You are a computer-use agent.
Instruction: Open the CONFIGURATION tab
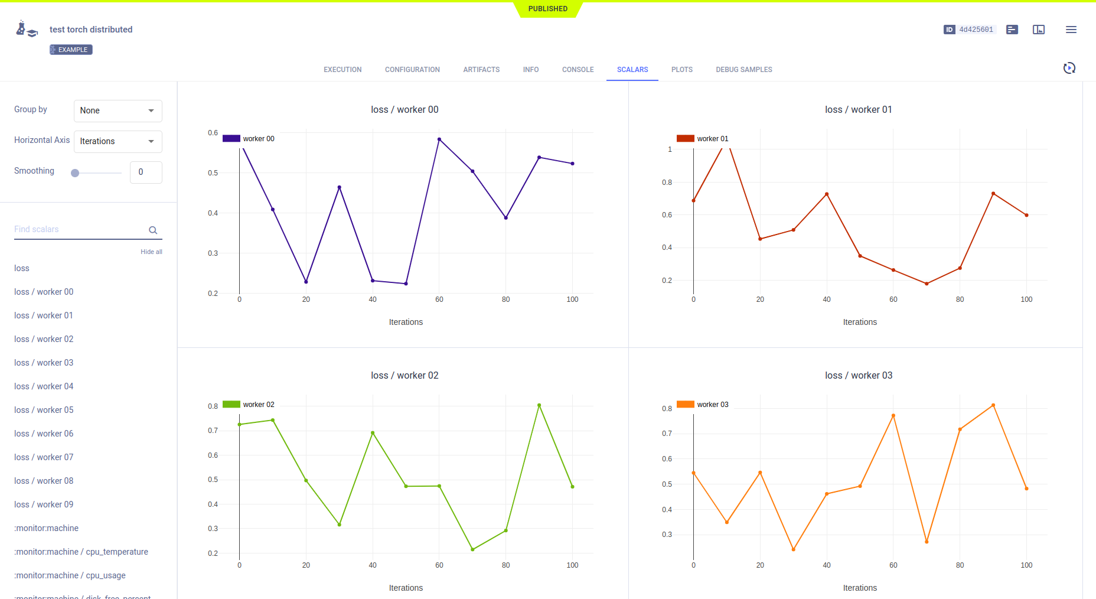coord(412,70)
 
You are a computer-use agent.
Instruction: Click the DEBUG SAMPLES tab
coord(743,70)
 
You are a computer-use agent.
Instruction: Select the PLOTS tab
coord(681,70)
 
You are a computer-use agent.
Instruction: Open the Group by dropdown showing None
coord(118,110)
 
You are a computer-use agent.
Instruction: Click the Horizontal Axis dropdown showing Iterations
coord(118,141)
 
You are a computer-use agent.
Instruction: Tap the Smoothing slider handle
coord(75,173)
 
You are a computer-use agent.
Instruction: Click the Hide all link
coord(151,252)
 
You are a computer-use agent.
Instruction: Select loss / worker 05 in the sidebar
coord(44,410)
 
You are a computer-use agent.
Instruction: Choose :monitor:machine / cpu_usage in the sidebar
coord(70,575)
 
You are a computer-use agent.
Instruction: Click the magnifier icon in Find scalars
coord(153,230)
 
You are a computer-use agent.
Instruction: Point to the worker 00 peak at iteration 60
coord(439,139)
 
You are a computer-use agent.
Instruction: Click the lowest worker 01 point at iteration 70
coord(927,284)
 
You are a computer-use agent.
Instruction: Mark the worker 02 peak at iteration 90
coord(539,405)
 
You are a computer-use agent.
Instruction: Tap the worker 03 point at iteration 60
coord(893,415)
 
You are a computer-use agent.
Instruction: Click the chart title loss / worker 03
coord(859,375)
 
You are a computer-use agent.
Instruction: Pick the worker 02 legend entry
coord(249,405)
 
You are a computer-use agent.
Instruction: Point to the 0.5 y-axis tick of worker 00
coord(213,173)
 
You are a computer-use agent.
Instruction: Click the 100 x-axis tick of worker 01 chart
coord(1026,299)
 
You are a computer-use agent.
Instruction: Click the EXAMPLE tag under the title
coord(71,50)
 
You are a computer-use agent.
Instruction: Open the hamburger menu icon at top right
coord(1071,30)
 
